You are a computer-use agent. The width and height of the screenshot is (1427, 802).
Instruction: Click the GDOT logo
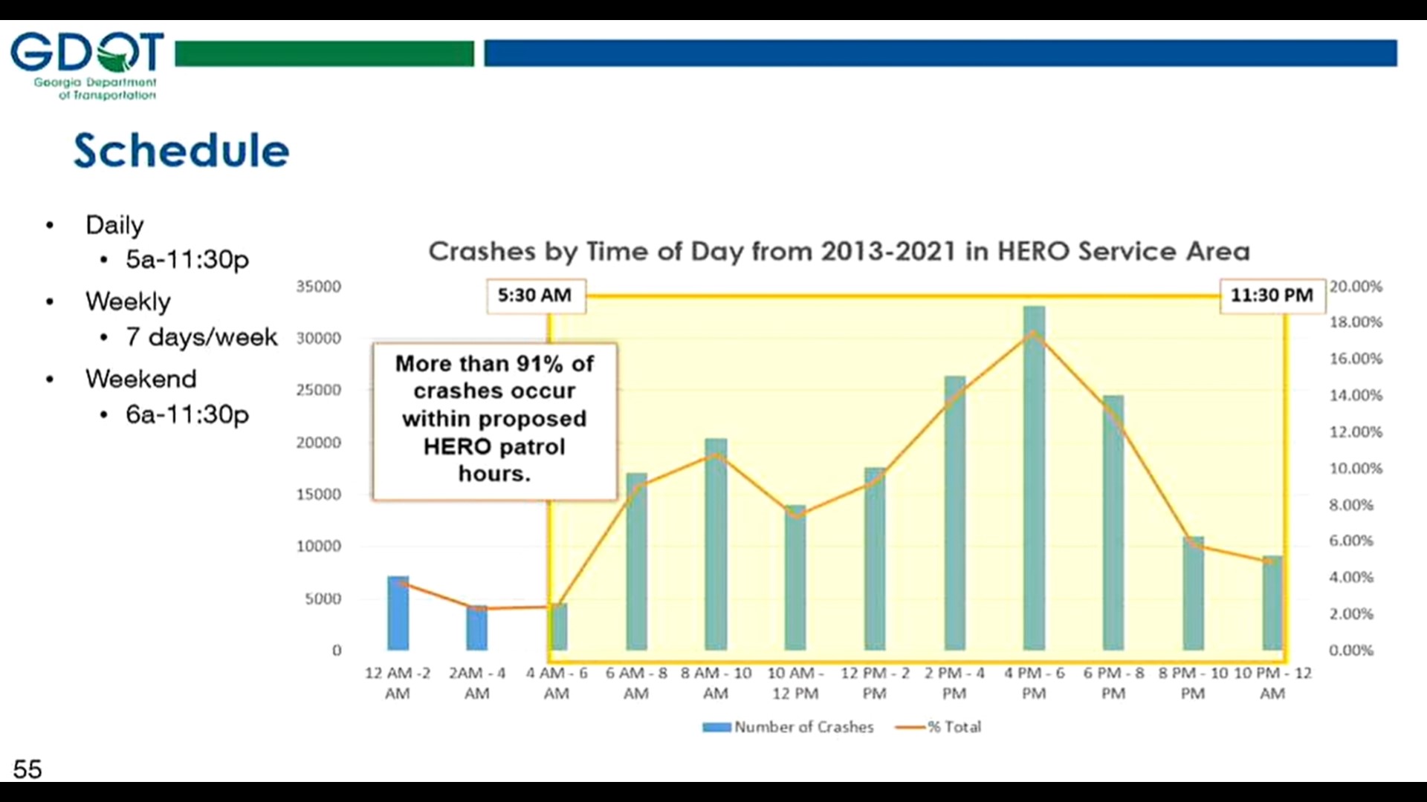pyautogui.click(x=87, y=65)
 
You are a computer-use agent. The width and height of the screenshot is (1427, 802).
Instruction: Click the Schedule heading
pyautogui.click(x=181, y=151)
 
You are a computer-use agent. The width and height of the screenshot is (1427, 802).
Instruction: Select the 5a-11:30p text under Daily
pyautogui.click(x=187, y=259)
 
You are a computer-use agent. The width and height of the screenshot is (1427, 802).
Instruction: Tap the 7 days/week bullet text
pyautogui.click(x=201, y=337)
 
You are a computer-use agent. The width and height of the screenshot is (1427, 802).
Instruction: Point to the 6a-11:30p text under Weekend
pyautogui.click(x=187, y=414)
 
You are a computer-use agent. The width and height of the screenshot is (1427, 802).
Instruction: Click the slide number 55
pyautogui.click(x=27, y=769)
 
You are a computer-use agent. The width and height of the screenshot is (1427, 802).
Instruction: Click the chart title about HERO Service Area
pyautogui.click(x=838, y=251)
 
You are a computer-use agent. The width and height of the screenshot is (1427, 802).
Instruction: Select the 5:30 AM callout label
pyautogui.click(x=535, y=296)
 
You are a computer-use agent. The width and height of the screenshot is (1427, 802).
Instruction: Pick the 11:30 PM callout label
pyautogui.click(x=1272, y=296)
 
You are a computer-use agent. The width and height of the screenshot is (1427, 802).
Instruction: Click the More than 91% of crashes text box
pyautogui.click(x=494, y=419)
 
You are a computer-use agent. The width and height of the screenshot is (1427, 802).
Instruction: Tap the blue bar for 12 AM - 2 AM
pyautogui.click(x=398, y=613)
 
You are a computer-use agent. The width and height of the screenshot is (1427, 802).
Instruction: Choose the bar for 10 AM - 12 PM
pyautogui.click(x=795, y=579)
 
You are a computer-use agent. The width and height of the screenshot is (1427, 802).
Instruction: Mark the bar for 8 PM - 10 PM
pyautogui.click(x=1193, y=594)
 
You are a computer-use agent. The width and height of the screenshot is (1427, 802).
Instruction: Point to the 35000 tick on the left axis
pyautogui.click(x=319, y=287)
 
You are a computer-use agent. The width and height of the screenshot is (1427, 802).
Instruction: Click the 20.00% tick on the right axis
pyautogui.click(x=1356, y=287)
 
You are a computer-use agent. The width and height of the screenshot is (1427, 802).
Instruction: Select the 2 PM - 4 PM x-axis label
pyautogui.click(x=954, y=682)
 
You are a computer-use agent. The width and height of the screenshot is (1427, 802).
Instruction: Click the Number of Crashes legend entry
pyautogui.click(x=789, y=727)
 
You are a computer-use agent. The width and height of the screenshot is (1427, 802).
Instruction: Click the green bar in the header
pyautogui.click(x=324, y=53)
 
